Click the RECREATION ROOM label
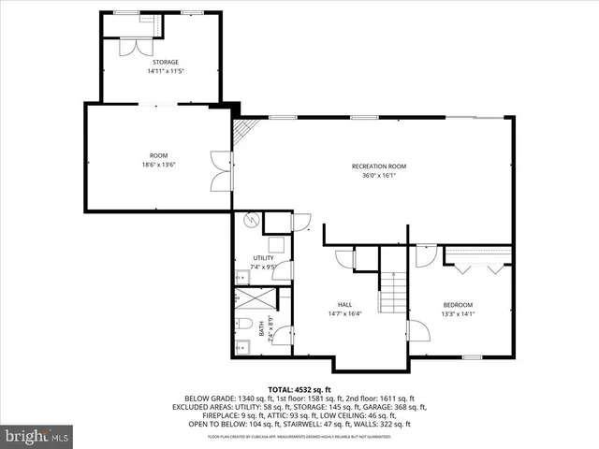coord(379,166)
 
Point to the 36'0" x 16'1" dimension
coord(379,175)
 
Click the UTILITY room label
coord(263,257)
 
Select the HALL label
coord(344,304)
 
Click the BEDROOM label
coord(458,304)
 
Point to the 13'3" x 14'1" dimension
coord(458,313)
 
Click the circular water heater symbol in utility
coord(250,221)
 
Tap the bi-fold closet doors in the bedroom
coord(477,267)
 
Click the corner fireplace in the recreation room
coord(242,130)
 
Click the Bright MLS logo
coord(36,435)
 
